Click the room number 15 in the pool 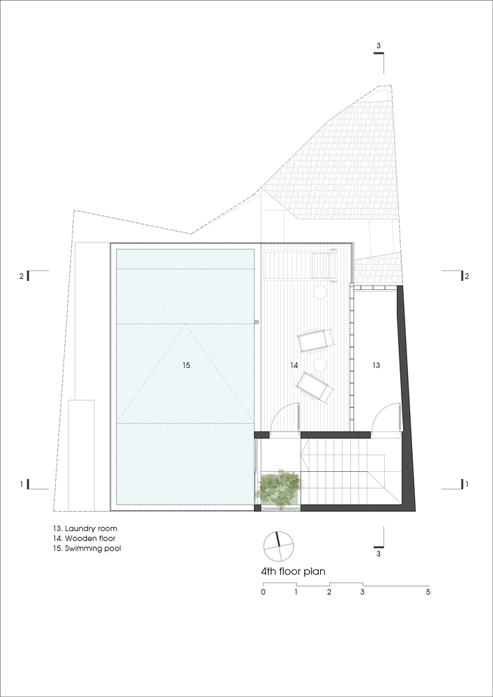(x=185, y=365)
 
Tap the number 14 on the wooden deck (x=294, y=365)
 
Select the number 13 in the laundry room (x=376, y=365)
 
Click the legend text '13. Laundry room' (x=85, y=528)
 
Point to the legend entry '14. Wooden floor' (x=84, y=538)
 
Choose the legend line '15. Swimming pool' (x=86, y=549)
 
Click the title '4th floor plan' (x=294, y=572)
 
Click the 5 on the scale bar (x=428, y=592)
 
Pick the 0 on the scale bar (x=264, y=592)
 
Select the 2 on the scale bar (x=329, y=592)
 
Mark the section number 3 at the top (x=379, y=46)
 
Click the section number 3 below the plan (x=379, y=554)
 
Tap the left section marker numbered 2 (x=21, y=276)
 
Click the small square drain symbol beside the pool (x=257, y=321)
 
